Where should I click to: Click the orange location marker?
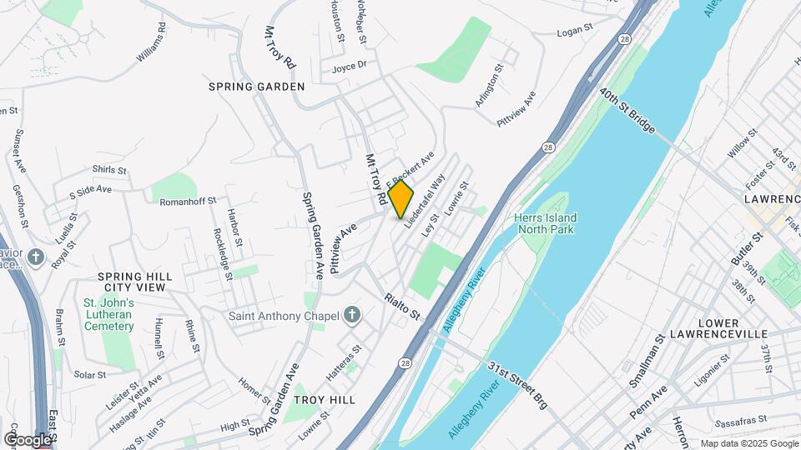(x=400, y=198)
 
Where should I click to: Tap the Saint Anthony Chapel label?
(x=284, y=316)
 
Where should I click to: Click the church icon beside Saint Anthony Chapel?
(x=352, y=316)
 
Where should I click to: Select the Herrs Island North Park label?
(x=547, y=223)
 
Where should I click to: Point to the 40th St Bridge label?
(x=627, y=112)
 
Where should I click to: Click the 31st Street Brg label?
(x=517, y=386)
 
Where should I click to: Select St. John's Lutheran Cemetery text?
(x=108, y=314)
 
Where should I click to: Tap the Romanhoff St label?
(x=188, y=201)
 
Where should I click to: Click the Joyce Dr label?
(x=349, y=67)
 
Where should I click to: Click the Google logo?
(x=27, y=439)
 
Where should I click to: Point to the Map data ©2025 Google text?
(x=748, y=443)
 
